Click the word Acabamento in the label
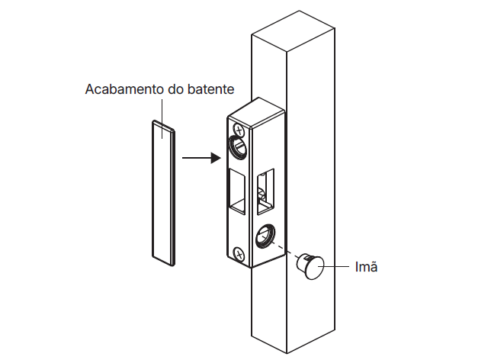[125, 89]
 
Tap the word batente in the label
[210, 89]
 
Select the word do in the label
[176, 89]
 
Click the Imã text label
[366, 267]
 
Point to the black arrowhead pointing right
[216, 158]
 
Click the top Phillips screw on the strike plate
[239, 130]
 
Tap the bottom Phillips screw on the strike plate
[239, 254]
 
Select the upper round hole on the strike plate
[239, 146]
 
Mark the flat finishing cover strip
[163, 193]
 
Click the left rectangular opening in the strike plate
[237, 191]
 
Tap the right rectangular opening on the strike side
[265, 191]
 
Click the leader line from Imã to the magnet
[334, 267]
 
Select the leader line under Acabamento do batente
[162, 119]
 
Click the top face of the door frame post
[293, 31]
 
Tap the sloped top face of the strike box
[257, 112]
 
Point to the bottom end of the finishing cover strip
[163, 261]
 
